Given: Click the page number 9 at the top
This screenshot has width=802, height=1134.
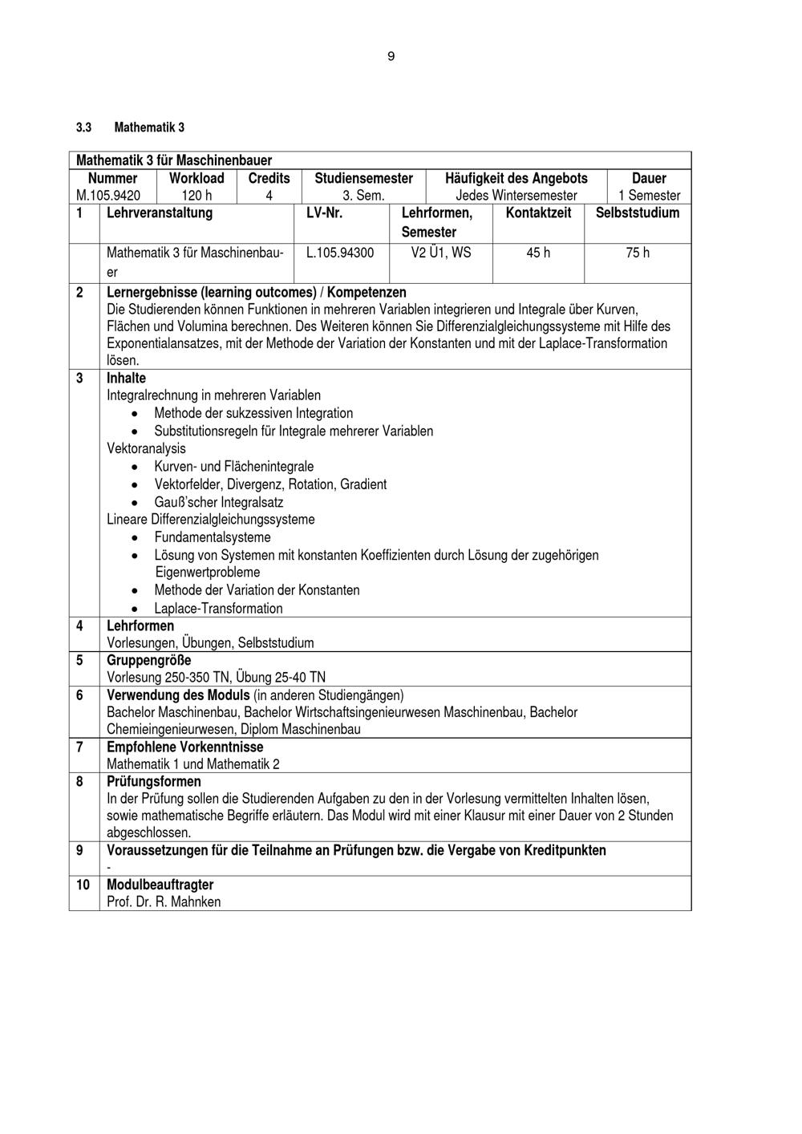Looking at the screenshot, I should point(391,56).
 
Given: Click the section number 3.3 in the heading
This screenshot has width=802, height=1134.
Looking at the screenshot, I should point(84,128).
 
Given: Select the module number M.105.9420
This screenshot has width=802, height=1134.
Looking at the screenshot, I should point(108,195).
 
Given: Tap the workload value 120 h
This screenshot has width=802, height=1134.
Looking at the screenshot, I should point(196,195).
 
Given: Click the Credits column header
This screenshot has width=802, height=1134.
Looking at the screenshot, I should point(269,178).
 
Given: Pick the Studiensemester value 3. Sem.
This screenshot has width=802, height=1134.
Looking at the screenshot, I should point(363,195).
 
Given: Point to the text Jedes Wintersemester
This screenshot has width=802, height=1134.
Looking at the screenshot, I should point(516,195).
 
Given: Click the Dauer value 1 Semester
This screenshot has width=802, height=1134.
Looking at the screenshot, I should point(649,195).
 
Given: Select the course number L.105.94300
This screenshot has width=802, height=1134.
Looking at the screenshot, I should point(340,253).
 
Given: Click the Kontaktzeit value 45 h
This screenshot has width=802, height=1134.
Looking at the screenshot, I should point(538,253).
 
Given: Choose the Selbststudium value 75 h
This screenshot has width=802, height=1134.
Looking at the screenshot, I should point(638,253).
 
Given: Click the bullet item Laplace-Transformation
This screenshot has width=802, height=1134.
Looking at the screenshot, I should point(218,608).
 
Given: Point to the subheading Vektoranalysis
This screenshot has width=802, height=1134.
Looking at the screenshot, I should point(146,448).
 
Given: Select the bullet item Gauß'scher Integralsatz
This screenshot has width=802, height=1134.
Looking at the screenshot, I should point(218,502).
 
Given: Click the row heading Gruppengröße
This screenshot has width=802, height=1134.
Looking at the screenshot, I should point(149,660).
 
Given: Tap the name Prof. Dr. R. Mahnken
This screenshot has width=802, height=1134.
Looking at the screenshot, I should point(164,901).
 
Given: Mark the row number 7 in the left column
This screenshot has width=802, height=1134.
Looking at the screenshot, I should point(79,747).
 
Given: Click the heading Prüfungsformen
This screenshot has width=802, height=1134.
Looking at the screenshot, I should point(154,781).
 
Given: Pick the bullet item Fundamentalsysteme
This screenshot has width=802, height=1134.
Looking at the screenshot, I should point(213,537).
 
